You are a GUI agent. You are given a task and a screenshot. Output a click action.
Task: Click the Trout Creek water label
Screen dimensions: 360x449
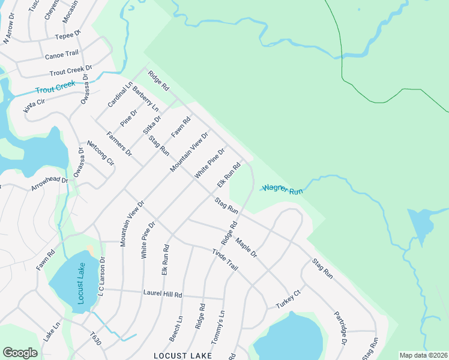pyautogui.click(x=55, y=88)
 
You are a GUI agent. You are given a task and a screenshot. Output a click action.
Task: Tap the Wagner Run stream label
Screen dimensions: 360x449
pyautogui.click(x=282, y=190)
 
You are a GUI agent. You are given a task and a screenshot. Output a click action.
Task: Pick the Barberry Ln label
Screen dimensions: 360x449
pyautogui.click(x=145, y=100)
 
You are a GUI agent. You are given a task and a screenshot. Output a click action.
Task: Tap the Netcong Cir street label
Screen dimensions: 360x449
pyautogui.click(x=100, y=152)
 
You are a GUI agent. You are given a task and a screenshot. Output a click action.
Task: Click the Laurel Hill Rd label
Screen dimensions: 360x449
pyautogui.click(x=162, y=295)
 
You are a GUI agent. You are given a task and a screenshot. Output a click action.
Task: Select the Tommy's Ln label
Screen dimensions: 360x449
pyautogui.click(x=220, y=322)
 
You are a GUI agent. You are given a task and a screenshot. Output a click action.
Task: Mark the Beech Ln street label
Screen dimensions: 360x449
pyautogui.click(x=176, y=329)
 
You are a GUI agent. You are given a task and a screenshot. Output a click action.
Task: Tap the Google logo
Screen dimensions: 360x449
pyautogui.click(x=20, y=352)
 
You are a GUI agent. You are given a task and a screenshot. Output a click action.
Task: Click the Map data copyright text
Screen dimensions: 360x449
pyautogui.click(x=423, y=355)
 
